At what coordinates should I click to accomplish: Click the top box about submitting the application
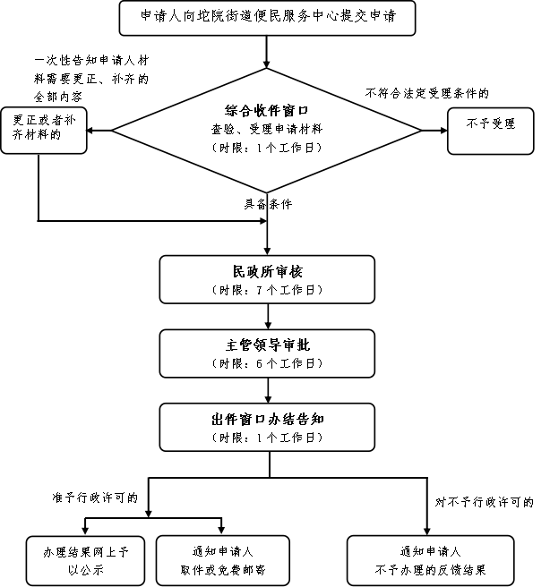[x=267, y=18]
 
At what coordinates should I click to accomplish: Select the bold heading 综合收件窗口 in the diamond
[x=266, y=110]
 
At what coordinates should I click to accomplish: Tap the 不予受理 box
[x=490, y=131]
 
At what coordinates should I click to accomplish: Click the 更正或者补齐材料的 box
[x=44, y=131]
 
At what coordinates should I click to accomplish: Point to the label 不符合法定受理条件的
[x=427, y=93]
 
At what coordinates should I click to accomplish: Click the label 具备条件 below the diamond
[x=268, y=204]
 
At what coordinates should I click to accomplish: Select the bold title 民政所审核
[x=267, y=272]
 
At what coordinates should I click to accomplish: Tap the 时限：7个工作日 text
[x=267, y=290]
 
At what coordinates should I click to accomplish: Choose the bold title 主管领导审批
[x=267, y=345]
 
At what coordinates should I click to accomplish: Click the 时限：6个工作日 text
[x=267, y=363]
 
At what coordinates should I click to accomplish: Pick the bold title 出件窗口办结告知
[x=267, y=420]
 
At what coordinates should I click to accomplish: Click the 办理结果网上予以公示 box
[x=85, y=560]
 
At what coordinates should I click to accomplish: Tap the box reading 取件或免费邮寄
[x=223, y=560]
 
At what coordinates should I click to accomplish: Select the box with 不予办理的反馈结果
[x=431, y=560]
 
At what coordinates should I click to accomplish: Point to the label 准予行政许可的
[x=95, y=498]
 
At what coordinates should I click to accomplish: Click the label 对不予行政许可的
[x=484, y=502]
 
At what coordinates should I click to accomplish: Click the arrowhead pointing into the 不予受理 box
[x=444, y=131]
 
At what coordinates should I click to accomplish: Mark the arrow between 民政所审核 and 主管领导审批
[x=268, y=317]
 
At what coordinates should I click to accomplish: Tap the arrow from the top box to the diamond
[x=267, y=52]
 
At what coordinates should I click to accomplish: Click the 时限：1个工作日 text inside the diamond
[x=266, y=148]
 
